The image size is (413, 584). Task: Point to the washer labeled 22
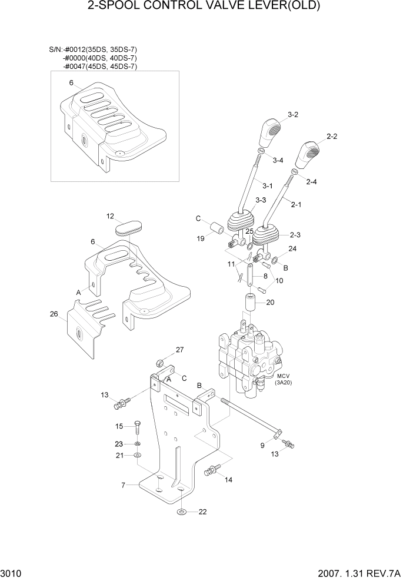pyautogui.click(x=182, y=510)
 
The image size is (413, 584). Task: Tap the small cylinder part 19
pyautogui.click(x=217, y=227)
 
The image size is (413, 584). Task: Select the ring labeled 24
pyautogui.click(x=274, y=260)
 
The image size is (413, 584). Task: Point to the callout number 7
pyautogui.click(x=123, y=486)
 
